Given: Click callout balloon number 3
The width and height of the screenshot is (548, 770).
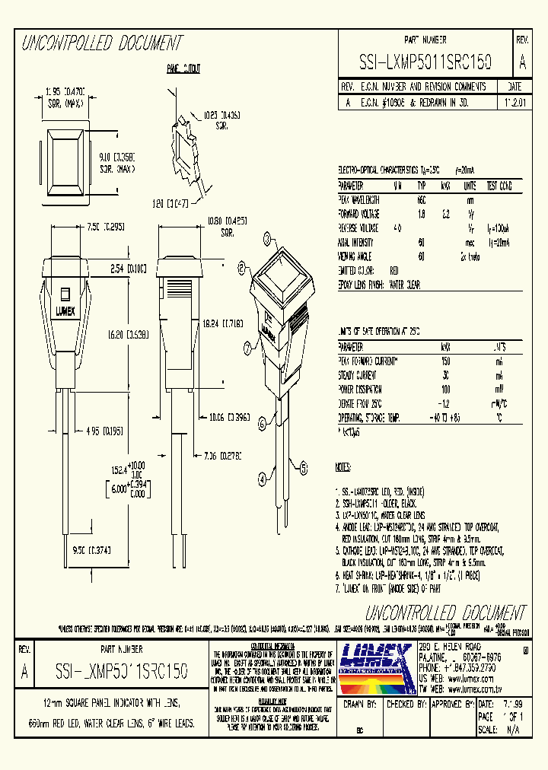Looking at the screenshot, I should point(267,240).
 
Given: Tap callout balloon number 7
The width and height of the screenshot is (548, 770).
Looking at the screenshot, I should point(248,348).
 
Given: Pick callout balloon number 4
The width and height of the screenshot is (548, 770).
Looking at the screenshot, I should point(262,479).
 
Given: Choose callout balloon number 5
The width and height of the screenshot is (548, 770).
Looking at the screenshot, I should point(303,467).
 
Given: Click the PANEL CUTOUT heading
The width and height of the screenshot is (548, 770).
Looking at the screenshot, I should point(183,69).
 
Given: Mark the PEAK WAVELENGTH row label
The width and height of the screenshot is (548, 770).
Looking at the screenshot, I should point(358,199).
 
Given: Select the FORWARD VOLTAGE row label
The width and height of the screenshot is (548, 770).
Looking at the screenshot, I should point(359,214).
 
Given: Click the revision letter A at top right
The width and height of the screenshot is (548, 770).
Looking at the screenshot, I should point(521,62).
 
